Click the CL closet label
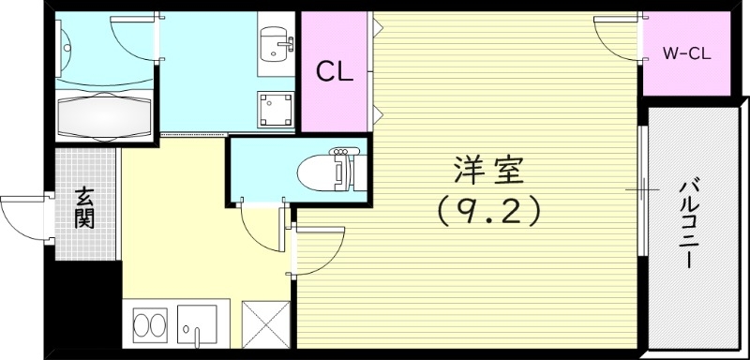pos(333,71)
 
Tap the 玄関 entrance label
pos(84,208)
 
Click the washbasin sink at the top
pos(276,43)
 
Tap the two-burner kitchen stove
pos(147,325)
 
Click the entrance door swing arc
pos(22,217)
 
